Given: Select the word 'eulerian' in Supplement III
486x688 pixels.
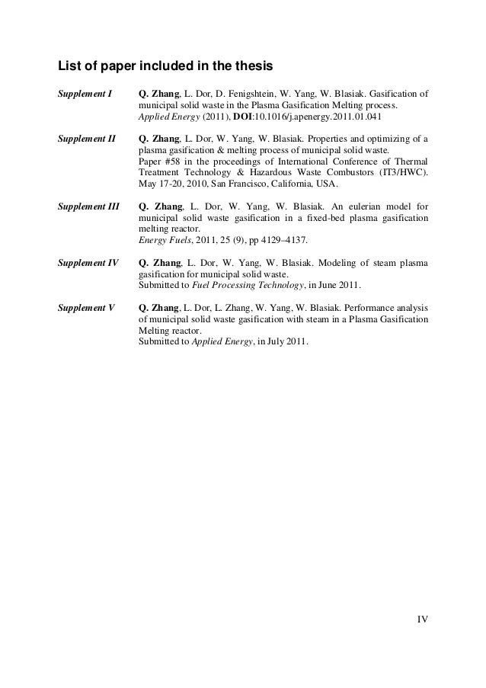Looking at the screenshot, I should point(354,205).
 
